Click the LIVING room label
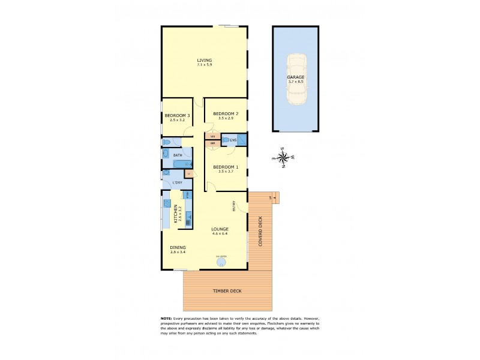pyautogui.click(x=205, y=60)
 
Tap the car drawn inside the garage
pyautogui.click(x=296, y=79)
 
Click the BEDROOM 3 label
pyautogui.click(x=178, y=115)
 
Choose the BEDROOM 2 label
pyautogui.click(x=226, y=114)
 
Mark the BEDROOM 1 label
pyautogui.click(x=226, y=167)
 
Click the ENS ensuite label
pyautogui.click(x=233, y=140)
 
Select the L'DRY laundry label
pyautogui.click(x=178, y=182)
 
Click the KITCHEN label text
pyautogui.click(x=176, y=214)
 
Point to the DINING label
pyautogui.click(x=178, y=247)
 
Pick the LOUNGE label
pyautogui.click(x=220, y=229)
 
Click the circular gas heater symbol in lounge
pyautogui.click(x=223, y=262)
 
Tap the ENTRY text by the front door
pyautogui.click(x=234, y=205)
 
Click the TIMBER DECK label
pyautogui.click(x=227, y=291)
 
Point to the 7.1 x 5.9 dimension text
pyautogui.click(x=205, y=65)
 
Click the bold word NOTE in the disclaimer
pyautogui.click(x=166, y=318)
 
